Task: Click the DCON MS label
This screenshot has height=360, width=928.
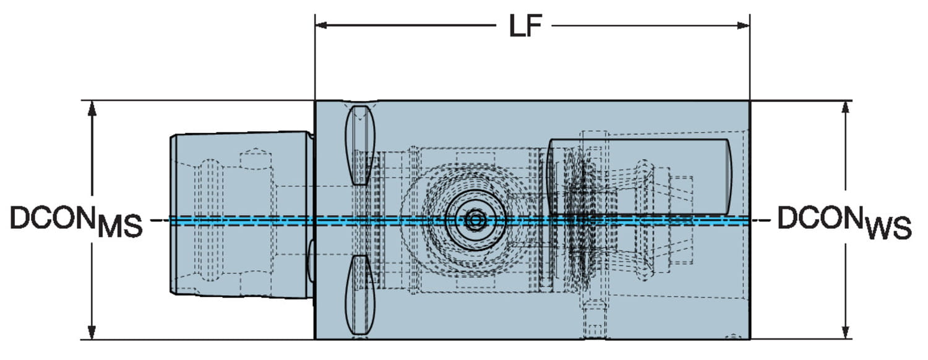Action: coord(76,220)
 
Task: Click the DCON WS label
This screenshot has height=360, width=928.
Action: coord(844,221)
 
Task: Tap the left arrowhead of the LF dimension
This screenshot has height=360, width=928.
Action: coord(322,25)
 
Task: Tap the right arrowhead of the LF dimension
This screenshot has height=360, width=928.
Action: coord(743,25)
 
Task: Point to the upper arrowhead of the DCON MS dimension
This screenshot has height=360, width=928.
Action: coord(92,108)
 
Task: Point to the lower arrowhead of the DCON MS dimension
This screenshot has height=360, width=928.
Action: coord(92,332)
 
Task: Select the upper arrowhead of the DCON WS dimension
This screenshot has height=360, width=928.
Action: coord(846,108)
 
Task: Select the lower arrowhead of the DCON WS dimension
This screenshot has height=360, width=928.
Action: coord(846,332)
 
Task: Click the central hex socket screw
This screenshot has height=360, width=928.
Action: coord(476,219)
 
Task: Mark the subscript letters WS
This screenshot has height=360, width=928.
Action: coord(888,228)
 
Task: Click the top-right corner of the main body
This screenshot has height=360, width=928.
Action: coord(749,101)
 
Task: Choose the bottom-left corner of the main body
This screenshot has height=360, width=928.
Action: coord(316,338)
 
